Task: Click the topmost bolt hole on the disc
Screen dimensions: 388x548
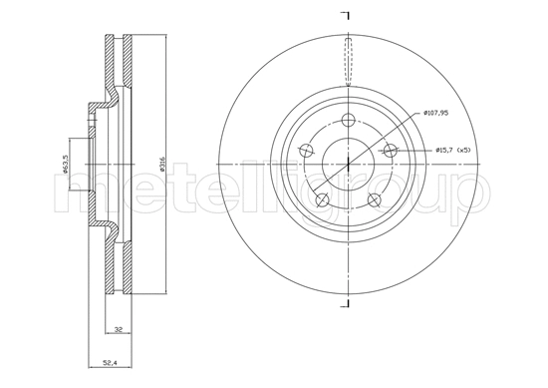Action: [x=348, y=122]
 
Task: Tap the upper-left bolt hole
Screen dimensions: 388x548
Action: [x=307, y=151]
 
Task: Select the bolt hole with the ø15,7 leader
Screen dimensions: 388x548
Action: [x=391, y=151]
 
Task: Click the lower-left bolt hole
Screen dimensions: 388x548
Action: [x=322, y=199]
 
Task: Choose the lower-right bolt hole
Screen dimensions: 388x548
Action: [x=375, y=199]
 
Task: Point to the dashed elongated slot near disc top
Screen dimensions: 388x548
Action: [x=348, y=58]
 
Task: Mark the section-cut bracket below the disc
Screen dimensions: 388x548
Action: [x=347, y=303]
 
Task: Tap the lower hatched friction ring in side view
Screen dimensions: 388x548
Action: [x=119, y=267]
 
